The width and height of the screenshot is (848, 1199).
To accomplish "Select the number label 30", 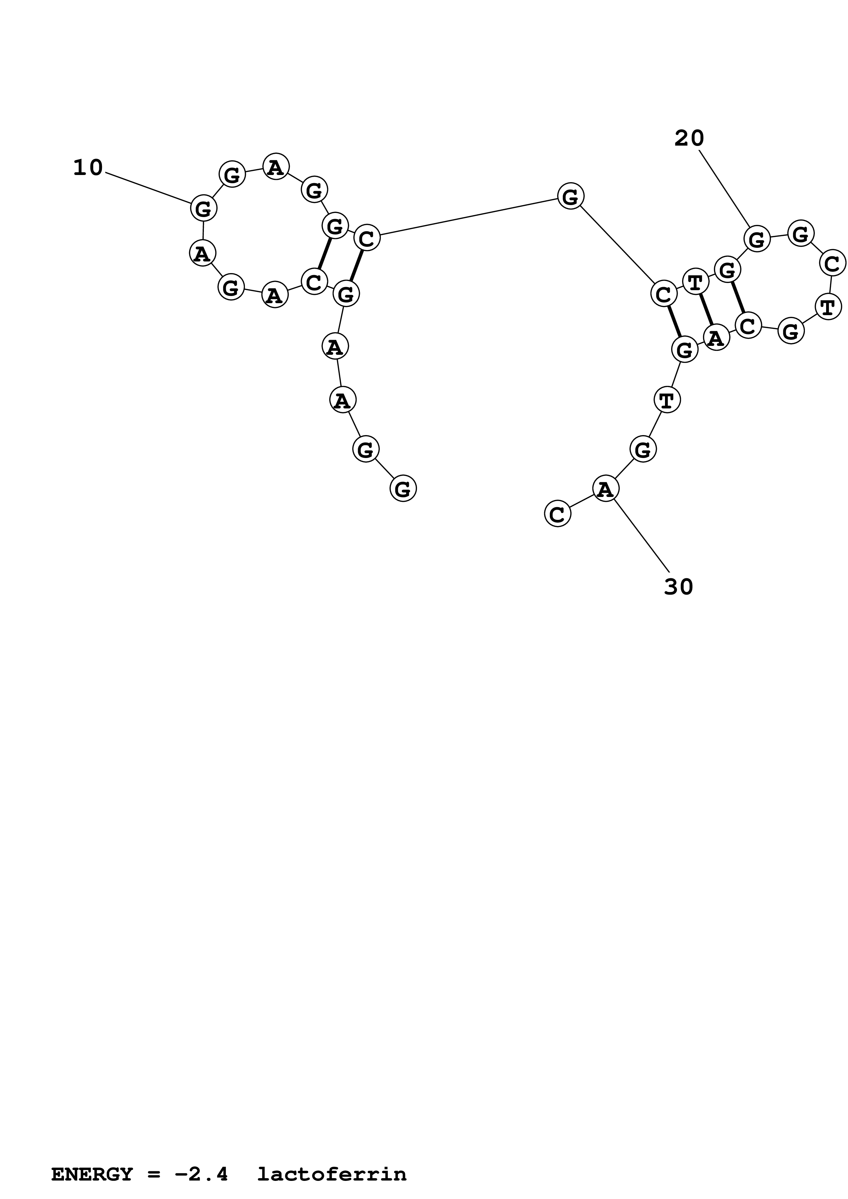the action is (678, 587).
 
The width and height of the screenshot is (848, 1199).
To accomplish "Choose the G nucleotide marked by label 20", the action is (757, 240).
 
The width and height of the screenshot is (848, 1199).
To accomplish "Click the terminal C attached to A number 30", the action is (558, 514).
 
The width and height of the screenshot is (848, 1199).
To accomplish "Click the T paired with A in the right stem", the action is (695, 283).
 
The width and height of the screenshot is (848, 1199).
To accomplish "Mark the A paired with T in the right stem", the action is (716, 337).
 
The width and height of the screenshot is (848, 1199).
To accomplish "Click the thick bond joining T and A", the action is (706, 310).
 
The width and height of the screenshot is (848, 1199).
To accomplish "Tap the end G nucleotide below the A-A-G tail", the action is (403, 489).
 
